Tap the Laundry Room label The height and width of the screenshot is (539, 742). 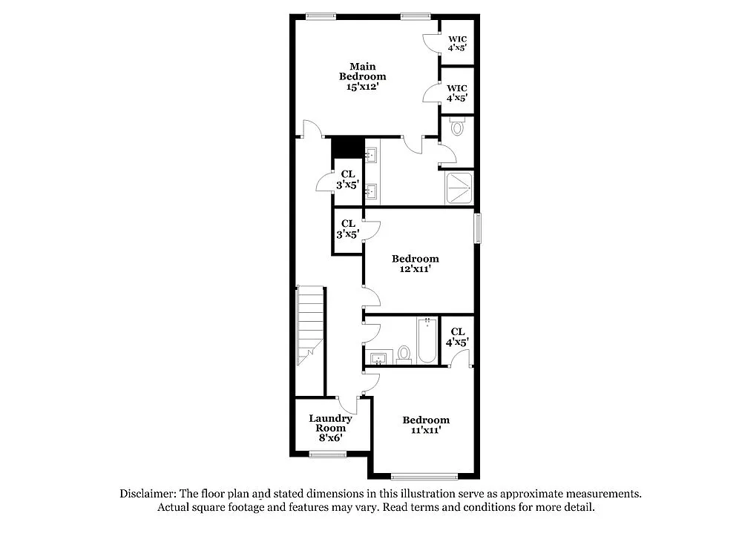click(330, 423)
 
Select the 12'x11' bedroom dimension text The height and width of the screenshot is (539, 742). click(415, 270)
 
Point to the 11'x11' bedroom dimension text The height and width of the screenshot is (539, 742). click(426, 430)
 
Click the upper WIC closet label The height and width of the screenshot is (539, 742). click(457, 44)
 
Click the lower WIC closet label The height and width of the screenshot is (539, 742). click(457, 93)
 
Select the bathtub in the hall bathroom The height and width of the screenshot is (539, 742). click(427, 341)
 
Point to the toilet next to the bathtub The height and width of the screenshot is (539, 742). click(404, 354)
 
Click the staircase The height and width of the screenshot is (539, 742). click(310, 326)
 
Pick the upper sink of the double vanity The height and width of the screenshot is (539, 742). click(372, 155)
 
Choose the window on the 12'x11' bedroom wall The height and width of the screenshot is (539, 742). click(479, 228)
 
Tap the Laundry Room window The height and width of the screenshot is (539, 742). click(329, 454)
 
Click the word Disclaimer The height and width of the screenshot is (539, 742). click(146, 494)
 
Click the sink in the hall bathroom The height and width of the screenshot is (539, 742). click(379, 360)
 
